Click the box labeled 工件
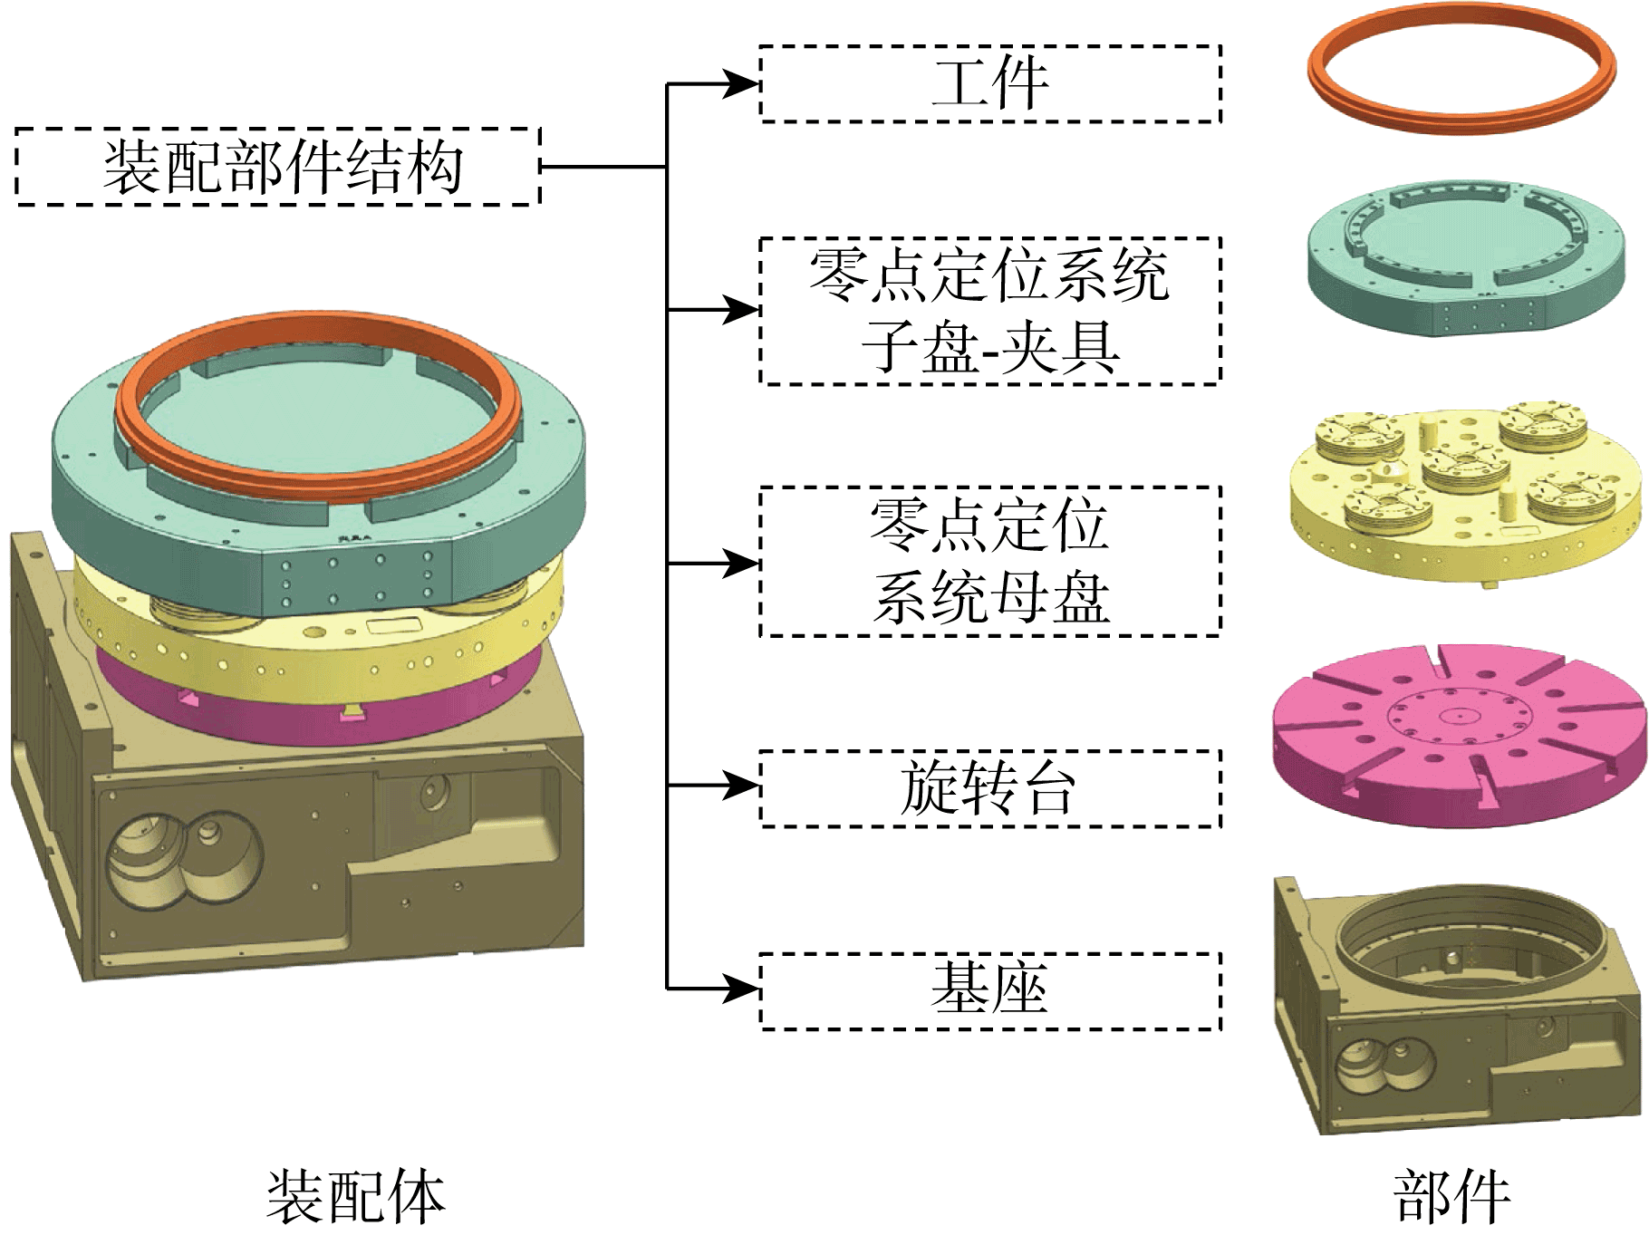tap(990, 83)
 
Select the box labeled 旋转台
tap(990, 788)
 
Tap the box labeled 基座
tap(990, 990)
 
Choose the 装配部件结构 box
tap(278, 167)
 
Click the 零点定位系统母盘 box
tap(990, 562)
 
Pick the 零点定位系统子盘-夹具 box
tap(990, 311)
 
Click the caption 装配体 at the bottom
tap(356, 1196)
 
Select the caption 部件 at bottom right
tap(1451, 1196)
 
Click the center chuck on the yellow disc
tap(1464, 466)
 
